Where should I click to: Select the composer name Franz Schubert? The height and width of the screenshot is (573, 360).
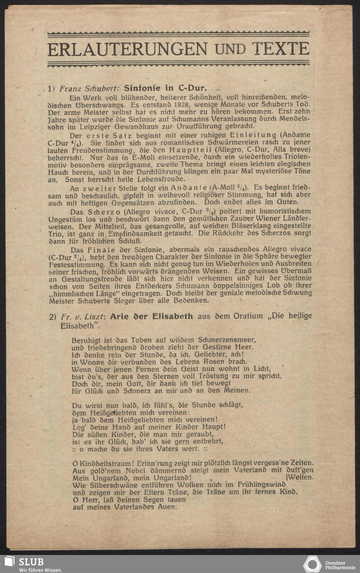(90, 88)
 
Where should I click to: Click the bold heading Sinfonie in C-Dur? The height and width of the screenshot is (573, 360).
(165, 88)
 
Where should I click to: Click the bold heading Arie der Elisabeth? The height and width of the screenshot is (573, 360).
(151, 317)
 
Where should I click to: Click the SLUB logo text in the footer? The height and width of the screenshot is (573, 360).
(31, 561)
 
